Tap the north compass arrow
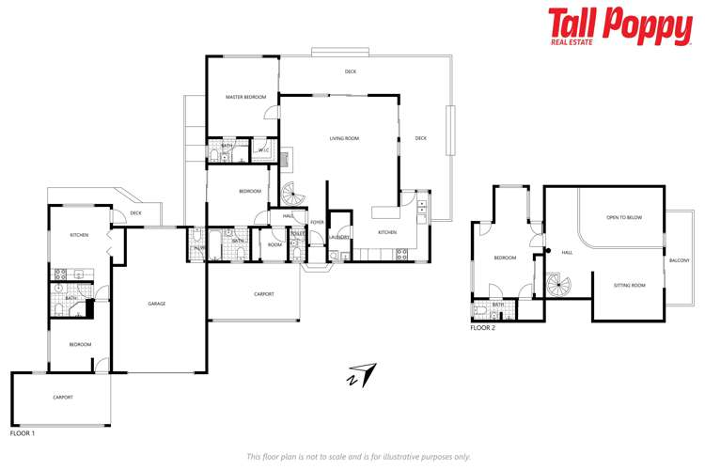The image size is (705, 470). coord(360,373)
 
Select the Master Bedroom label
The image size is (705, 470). coord(245,98)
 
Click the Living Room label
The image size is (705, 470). coord(344,139)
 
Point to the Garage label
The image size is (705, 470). coord(157,303)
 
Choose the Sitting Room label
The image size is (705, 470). coord(629,284)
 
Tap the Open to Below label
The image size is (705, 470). coord(624,217)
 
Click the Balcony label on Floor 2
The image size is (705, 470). coord(679,260)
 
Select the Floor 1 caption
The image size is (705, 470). coord(23,433)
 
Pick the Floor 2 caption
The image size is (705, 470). coord(483,328)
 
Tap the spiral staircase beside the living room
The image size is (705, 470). coord(293,196)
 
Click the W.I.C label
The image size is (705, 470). coord(264,149)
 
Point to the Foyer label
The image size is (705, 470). coord(318,222)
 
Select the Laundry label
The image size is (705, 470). coord(340,238)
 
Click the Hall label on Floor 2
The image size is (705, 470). coord(567,252)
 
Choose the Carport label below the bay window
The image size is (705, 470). coord(264,294)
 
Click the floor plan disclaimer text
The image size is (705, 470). coord(358,456)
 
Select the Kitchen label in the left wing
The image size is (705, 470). coord(79,234)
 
